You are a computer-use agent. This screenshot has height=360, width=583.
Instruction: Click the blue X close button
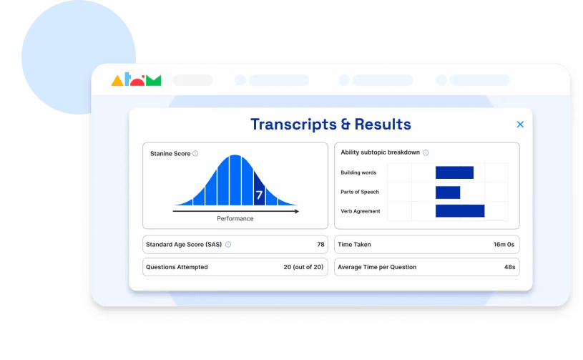[x=520, y=125]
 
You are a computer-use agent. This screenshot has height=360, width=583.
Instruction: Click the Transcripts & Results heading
[x=330, y=125]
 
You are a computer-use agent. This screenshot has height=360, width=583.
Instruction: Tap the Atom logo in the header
[x=136, y=80]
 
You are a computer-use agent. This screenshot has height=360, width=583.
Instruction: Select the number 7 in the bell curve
[x=259, y=194]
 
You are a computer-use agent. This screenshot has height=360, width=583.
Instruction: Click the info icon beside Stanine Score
[x=195, y=154]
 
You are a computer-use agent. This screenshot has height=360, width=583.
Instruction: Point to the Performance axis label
[x=235, y=218]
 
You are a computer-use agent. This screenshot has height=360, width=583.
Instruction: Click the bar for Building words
[x=454, y=172]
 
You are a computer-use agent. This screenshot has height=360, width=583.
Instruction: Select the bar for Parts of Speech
[x=448, y=192]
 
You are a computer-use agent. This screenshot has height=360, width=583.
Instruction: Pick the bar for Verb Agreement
[x=460, y=211]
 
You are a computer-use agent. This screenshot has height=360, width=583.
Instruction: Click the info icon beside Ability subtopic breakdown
[x=426, y=152]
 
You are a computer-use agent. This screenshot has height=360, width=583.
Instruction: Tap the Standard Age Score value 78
[x=321, y=245]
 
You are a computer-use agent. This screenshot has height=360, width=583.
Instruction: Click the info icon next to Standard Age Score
[x=228, y=245]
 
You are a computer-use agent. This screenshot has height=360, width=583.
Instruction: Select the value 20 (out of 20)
[x=303, y=267]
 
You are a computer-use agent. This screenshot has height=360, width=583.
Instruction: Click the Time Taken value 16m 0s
[x=504, y=245]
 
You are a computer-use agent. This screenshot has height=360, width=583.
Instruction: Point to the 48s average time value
[x=509, y=267]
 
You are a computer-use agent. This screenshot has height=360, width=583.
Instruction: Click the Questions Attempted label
[x=177, y=267]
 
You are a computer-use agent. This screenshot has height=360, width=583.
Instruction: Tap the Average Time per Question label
[x=377, y=267]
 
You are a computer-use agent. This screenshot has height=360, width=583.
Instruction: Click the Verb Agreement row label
[x=361, y=211]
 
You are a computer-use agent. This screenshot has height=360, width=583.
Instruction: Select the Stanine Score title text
[x=170, y=154]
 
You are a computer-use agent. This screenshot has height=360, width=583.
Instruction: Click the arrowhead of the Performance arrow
[x=296, y=211]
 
